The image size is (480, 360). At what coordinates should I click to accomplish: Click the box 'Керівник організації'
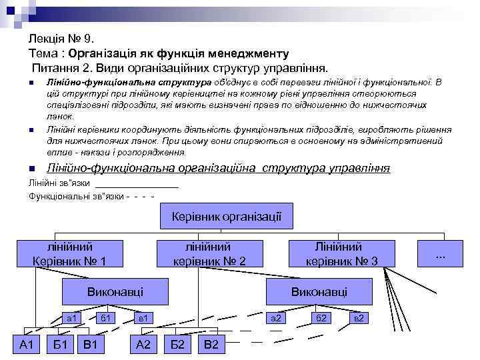tap(227, 217)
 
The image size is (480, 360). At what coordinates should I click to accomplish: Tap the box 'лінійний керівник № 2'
tap(209, 254)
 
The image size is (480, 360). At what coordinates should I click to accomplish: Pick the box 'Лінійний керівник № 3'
tap(341, 254)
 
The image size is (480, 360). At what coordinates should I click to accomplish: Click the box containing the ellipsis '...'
tap(440, 254)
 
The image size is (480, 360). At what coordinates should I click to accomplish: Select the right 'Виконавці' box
tap(319, 291)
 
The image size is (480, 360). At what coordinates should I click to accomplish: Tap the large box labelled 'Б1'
tap(60, 344)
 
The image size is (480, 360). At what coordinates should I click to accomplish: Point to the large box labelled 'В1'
tap(92, 344)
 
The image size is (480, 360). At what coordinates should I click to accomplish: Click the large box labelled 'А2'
tap(143, 344)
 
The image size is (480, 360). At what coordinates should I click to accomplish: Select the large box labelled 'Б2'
tap(177, 344)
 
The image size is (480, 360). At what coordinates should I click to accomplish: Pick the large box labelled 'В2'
tap(211, 344)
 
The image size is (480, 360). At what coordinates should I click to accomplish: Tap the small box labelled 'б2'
tap(321, 318)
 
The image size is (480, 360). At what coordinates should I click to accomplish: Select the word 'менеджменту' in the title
tap(249, 53)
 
